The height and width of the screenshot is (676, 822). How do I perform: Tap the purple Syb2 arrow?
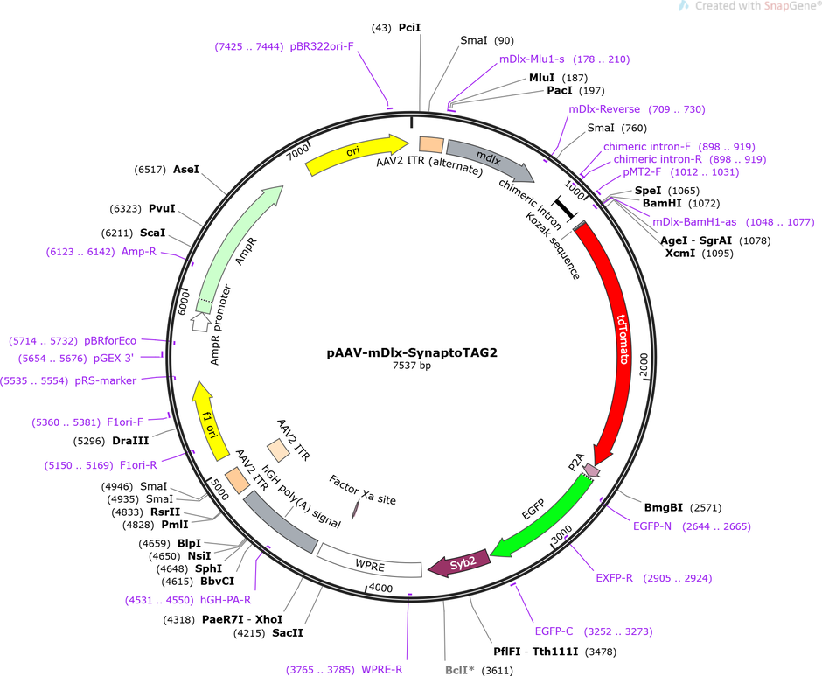(x=460, y=564)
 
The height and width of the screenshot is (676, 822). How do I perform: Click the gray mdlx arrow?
(x=491, y=159)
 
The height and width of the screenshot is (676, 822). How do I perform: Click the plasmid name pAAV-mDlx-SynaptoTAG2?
(x=412, y=352)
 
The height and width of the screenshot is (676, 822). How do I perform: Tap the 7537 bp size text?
(x=412, y=366)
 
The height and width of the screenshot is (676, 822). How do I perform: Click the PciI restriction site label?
(x=410, y=28)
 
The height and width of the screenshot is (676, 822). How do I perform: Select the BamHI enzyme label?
(x=662, y=203)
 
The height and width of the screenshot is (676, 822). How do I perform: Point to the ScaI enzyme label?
(x=152, y=233)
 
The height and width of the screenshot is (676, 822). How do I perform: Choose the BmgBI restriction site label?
(x=664, y=507)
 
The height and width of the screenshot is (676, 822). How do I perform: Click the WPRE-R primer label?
(x=382, y=670)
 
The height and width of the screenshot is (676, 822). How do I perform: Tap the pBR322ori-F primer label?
(x=322, y=46)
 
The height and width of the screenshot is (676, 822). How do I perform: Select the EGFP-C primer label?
(x=554, y=631)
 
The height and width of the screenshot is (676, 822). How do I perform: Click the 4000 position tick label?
(x=381, y=588)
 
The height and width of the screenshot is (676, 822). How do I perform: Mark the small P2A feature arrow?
(x=592, y=470)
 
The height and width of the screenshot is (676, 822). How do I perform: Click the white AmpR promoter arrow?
(x=200, y=322)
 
